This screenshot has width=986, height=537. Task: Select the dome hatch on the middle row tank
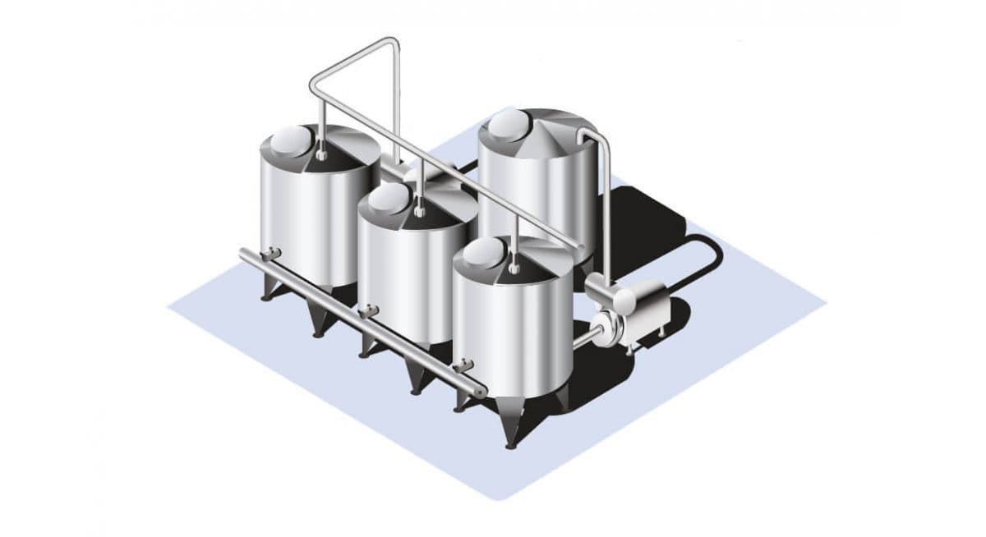click(388, 197)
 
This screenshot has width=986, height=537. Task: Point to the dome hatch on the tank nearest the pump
click(482, 253)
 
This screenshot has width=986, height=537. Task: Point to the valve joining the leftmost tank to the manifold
click(271, 255)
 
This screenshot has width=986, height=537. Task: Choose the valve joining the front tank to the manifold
click(465, 365)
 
